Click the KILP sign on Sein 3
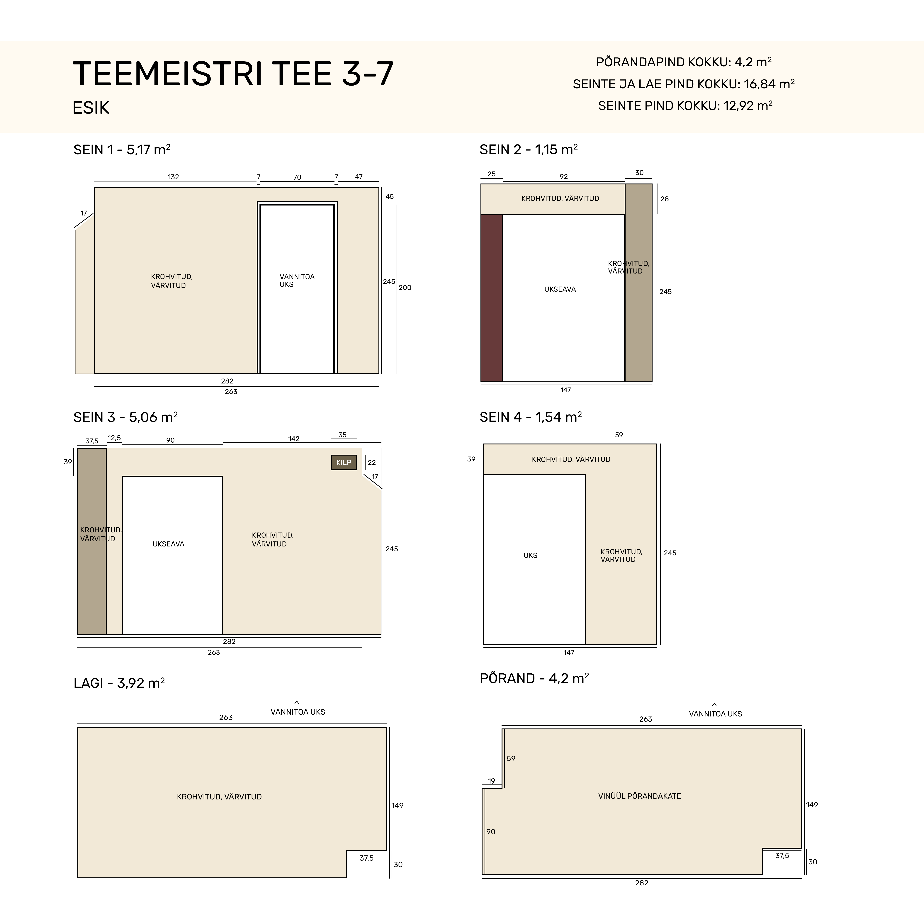pyautogui.click(x=344, y=463)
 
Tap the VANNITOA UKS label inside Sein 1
pyautogui.click(x=297, y=280)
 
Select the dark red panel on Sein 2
pyautogui.click(x=492, y=298)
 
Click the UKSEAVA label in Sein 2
pyautogui.click(x=560, y=289)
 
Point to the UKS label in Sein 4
pyautogui.click(x=530, y=555)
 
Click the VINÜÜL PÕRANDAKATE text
pyautogui.click(x=639, y=796)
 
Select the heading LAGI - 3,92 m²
pyautogui.click(x=119, y=683)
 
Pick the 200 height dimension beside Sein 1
pyautogui.click(x=405, y=287)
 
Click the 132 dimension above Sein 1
pyautogui.click(x=173, y=177)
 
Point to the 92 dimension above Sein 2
pyautogui.click(x=564, y=176)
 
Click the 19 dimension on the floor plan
pyautogui.click(x=492, y=781)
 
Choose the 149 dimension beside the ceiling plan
pyautogui.click(x=398, y=805)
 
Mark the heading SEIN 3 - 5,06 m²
pyautogui.click(x=125, y=417)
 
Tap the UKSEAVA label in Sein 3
pyautogui.click(x=168, y=544)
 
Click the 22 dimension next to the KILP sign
pyautogui.click(x=372, y=463)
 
